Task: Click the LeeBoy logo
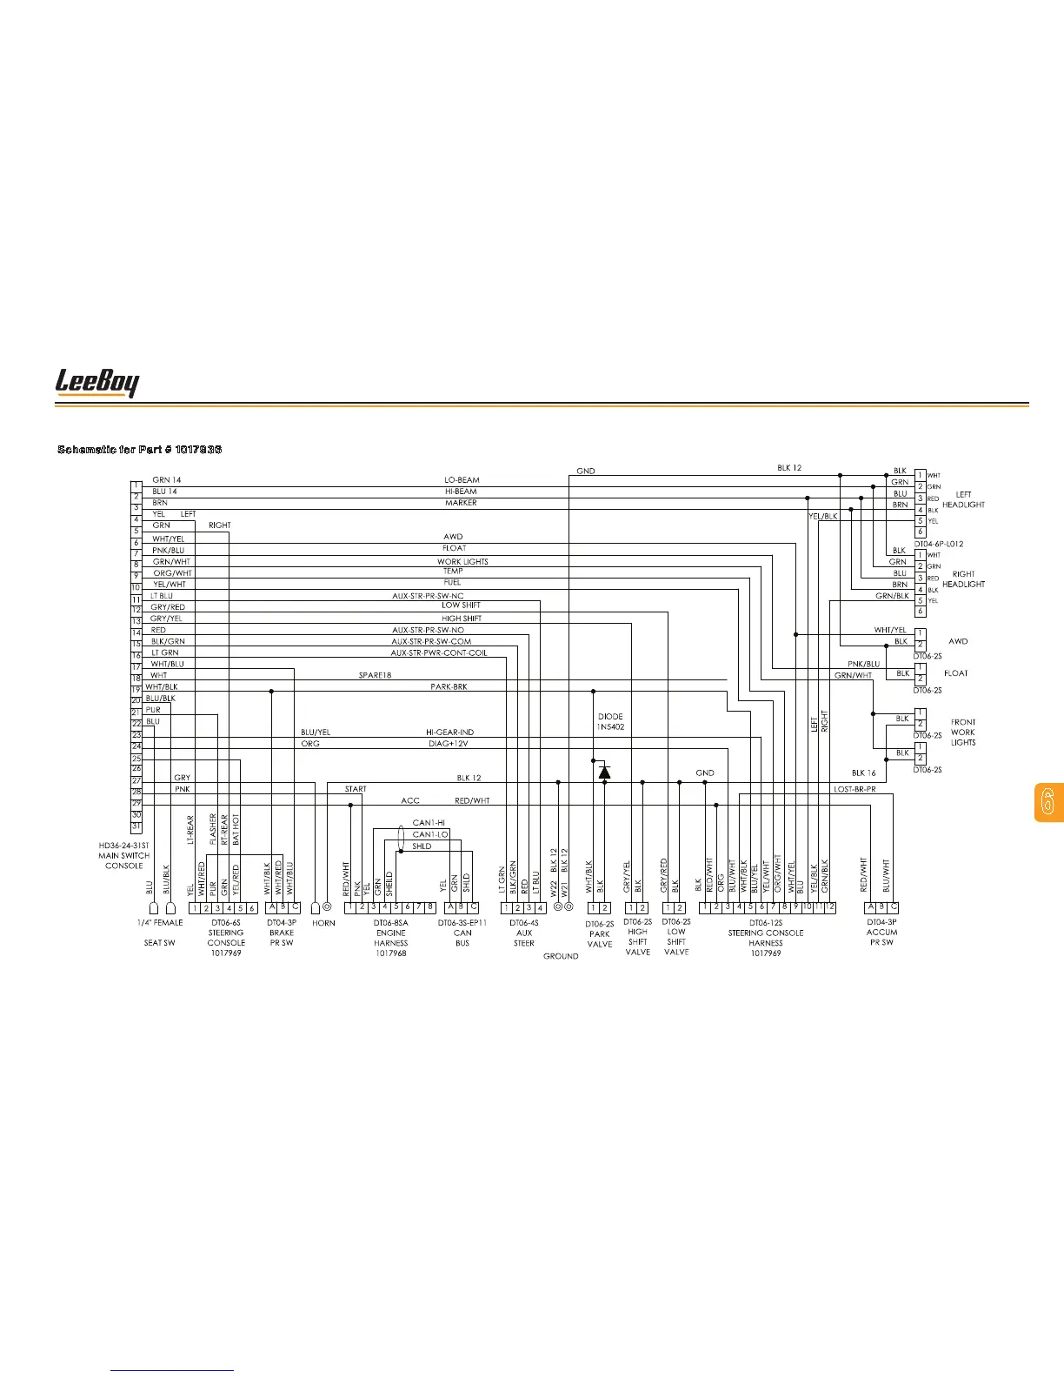click(x=96, y=382)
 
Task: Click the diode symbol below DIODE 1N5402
click(x=605, y=772)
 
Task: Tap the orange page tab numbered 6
click(x=1047, y=802)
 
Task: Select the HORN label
click(x=323, y=923)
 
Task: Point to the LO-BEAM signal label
click(x=462, y=480)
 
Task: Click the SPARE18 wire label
click(x=376, y=676)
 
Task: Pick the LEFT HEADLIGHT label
click(x=963, y=499)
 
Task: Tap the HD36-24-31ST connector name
click(x=123, y=845)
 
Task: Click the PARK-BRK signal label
click(x=449, y=687)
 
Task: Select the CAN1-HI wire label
click(x=429, y=822)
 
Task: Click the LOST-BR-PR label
click(x=855, y=789)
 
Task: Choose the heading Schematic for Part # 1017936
click(x=139, y=449)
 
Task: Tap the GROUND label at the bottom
click(x=561, y=956)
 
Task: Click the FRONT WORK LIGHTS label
click(x=963, y=732)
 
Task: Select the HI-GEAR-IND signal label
click(x=449, y=732)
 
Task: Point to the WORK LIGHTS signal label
click(x=462, y=562)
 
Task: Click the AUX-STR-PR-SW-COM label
click(x=431, y=641)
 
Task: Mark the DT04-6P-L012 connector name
click(x=938, y=544)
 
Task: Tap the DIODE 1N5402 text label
click(x=610, y=721)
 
